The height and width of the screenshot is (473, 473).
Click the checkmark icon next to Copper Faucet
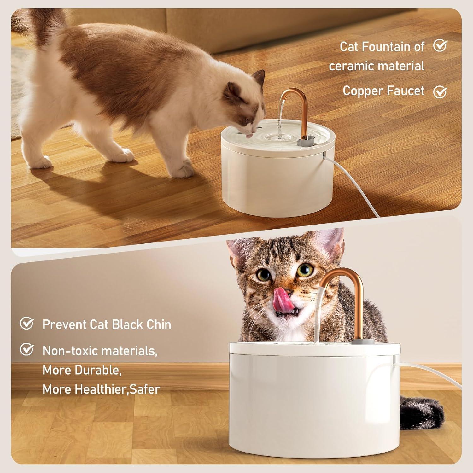tap(440, 92)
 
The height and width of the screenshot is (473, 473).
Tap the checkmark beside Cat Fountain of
tap(440, 46)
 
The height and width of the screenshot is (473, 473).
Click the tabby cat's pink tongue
tap(281, 299)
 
